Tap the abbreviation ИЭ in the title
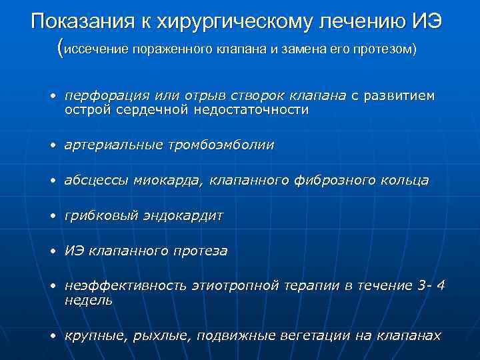426,21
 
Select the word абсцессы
96,181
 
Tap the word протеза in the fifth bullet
200,252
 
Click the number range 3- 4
430,287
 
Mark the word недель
89,301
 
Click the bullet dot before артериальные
51,145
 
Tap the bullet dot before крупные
51,336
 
